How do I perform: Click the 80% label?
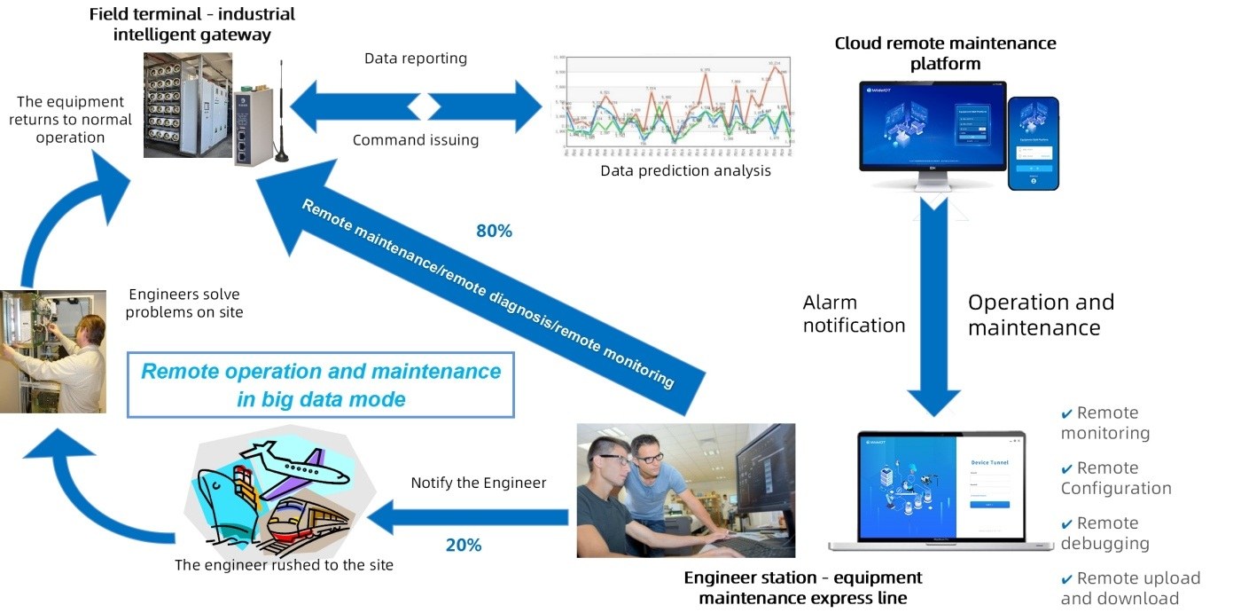[x=494, y=232]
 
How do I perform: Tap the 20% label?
[x=463, y=545]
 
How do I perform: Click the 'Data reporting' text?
[x=416, y=59]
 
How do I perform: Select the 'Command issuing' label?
[x=416, y=140]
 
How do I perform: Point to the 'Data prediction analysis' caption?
[x=685, y=170]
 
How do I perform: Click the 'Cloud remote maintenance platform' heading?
[x=945, y=53]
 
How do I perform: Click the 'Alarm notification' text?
[x=854, y=314]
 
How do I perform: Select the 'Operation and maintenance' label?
[x=1040, y=314]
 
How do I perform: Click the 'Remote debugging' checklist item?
[x=1105, y=533]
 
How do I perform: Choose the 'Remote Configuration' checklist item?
[x=1115, y=478]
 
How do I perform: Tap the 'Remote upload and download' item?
[x=1129, y=588]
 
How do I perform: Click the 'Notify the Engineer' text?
[x=479, y=483]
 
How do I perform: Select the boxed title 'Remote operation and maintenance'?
[x=321, y=384]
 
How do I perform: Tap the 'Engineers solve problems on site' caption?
[x=184, y=303]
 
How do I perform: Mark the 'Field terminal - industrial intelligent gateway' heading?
[x=192, y=24]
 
